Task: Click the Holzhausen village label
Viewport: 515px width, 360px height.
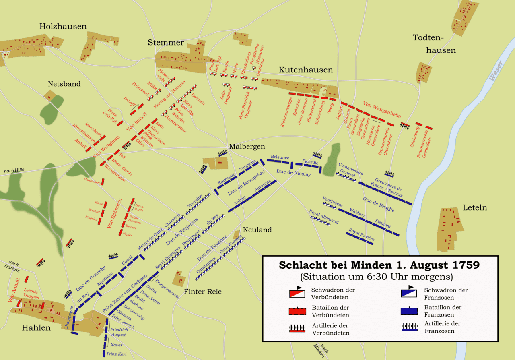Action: (63, 27)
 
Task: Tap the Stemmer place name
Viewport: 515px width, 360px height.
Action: (165, 43)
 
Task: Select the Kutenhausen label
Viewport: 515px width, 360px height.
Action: (306, 70)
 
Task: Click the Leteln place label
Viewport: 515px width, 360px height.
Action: (475, 208)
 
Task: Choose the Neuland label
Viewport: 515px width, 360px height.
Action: (257, 230)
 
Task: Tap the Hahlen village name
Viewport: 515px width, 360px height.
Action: (36, 328)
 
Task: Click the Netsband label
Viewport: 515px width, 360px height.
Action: (64, 84)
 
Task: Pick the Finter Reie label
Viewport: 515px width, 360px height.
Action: (203, 292)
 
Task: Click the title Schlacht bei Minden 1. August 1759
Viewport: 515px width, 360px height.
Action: (379, 266)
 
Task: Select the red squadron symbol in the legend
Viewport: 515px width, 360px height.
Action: (297, 294)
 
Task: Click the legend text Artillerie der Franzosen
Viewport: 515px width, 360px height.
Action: (443, 327)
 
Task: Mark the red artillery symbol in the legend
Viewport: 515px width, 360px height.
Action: (297, 328)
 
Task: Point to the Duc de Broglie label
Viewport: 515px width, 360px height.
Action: (378, 205)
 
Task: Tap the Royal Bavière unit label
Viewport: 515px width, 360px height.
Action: (361, 235)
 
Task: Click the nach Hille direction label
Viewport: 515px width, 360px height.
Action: (13, 171)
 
